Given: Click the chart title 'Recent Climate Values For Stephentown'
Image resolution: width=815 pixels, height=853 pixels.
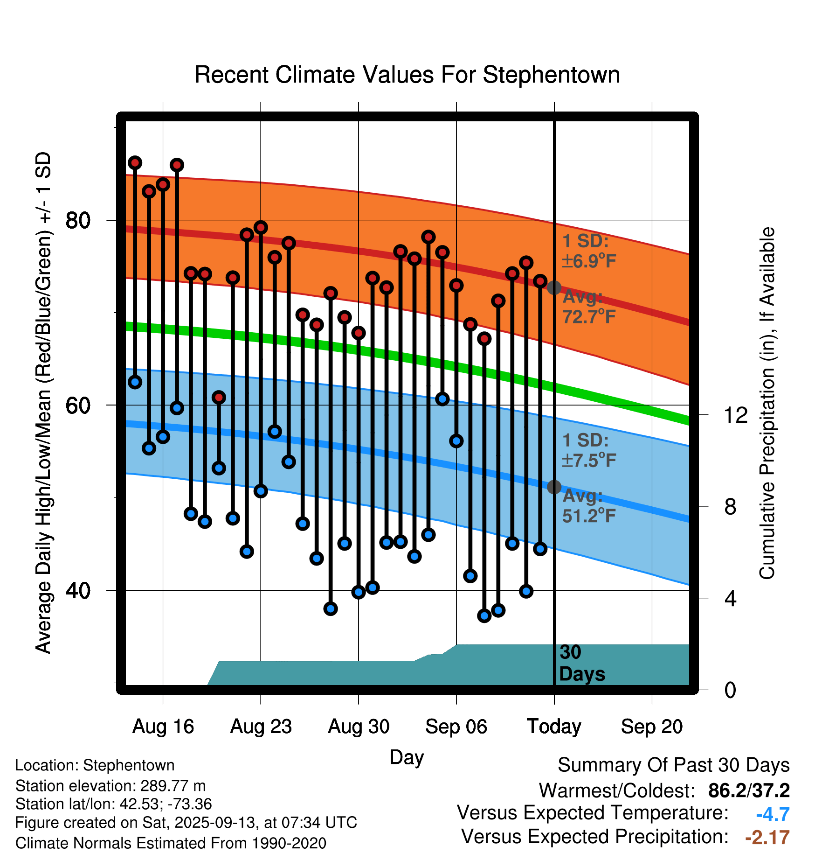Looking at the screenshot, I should (x=407, y=75).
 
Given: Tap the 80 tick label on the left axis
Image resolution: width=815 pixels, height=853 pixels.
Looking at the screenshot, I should (x=78, y=220).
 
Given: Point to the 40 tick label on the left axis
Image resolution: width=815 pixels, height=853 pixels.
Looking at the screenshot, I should (x=78, y=590).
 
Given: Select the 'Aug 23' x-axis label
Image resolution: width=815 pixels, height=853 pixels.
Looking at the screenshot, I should (x=261, y=727).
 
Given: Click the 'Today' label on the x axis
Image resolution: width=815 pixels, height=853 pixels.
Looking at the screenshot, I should (x=554, y=727).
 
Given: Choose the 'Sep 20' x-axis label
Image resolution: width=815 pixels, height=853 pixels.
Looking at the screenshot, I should (x=652, y=727).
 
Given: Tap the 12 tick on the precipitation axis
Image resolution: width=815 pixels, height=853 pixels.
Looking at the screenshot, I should (x=736, y=415).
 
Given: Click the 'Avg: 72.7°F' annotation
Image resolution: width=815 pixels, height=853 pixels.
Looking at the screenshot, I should (x=589, y=307).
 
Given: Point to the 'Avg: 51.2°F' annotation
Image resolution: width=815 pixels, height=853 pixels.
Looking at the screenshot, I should (x=589, y=506).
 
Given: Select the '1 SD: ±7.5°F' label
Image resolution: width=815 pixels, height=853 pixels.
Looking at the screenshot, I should (x=589, y=451).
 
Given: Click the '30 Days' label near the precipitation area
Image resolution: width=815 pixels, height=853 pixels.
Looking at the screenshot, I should (x=581, y=663).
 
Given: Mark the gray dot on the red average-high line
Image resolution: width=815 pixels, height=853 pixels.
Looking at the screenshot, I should (x=554, y=288).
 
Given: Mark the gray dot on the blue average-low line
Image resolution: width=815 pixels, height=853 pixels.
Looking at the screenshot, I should (x=554, y=487).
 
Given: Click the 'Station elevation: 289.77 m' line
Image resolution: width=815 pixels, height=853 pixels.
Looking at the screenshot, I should (x=111, y=786).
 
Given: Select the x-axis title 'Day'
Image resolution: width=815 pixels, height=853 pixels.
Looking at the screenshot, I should (x=407, y=757).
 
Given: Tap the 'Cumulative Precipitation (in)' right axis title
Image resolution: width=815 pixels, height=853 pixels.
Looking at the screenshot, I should (x=767, y=404).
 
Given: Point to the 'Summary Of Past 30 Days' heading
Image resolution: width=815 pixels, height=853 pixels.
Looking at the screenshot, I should (x=673, y=766).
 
